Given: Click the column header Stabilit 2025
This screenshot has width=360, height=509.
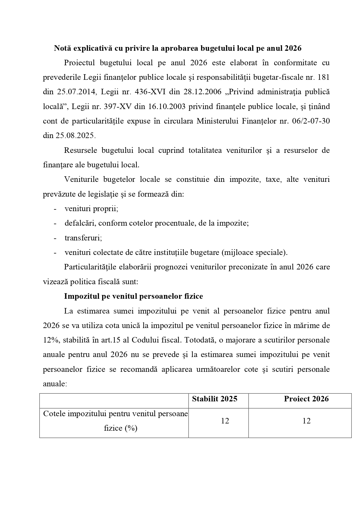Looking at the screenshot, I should (x=214, y=399).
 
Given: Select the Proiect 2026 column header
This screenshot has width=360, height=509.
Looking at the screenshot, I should (x=306, y=399).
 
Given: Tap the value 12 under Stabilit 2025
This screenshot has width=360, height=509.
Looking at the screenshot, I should (x=225, y=421).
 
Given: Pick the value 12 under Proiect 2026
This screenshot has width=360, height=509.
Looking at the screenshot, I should (x=306, y=421).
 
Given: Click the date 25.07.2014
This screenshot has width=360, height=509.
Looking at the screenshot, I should (x=76, y=92).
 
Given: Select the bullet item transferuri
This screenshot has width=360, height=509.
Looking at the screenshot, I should (x=83, y=238).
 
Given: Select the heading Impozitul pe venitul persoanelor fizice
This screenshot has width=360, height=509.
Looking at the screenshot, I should (x=133, y=296).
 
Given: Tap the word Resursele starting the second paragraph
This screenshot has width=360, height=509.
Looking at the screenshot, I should (x=81, y=150).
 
